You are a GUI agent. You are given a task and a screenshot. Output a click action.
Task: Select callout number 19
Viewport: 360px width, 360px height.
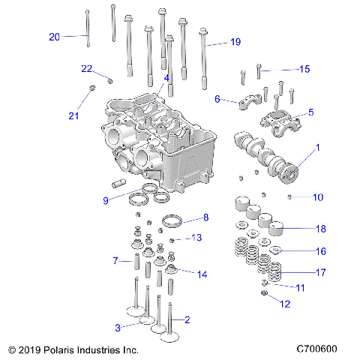tap(235, 42)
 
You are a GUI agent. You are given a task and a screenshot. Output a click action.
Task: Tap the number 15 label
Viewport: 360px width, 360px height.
tap(304, 69)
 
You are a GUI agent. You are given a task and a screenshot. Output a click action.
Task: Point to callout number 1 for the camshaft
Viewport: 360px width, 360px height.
tap(316, 148)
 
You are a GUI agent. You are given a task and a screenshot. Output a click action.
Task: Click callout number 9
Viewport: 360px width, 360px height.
tap(106, 199)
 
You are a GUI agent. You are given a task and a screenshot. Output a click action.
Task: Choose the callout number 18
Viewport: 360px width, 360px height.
tap(320, 229)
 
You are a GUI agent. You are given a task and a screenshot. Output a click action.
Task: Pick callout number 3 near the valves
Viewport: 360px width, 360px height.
tap(118, 328)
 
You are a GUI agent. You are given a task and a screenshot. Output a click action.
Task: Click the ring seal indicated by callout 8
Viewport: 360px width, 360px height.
tap(173, 221)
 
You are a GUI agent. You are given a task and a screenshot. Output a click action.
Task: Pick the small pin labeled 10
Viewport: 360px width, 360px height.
tap(289, 196)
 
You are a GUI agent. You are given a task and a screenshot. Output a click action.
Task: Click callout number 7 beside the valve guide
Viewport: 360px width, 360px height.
tap(116, 261)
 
